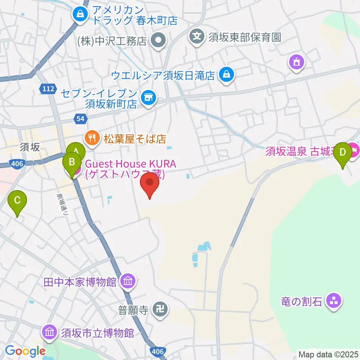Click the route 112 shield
(x=48, y=88)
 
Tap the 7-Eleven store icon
(x=147, y=97)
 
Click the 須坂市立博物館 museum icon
(x=49, y=332)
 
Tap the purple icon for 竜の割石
(x=332, y=300)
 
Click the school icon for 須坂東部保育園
(x=197, y=37)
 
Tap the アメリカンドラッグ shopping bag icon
(x=80, y=15)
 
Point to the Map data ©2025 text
(x=328, y=354)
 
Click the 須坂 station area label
(x=30, y=147)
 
